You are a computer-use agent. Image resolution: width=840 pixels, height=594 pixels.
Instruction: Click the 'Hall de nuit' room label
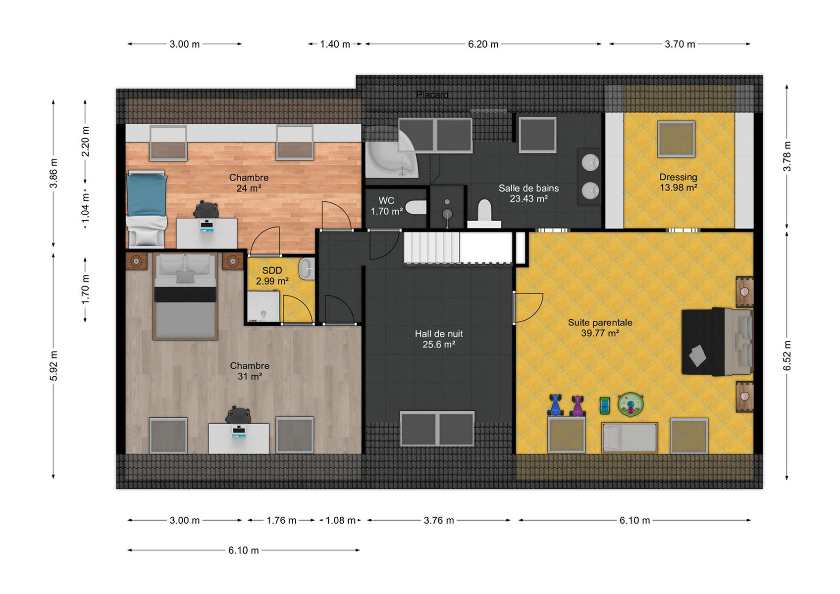point(439,334)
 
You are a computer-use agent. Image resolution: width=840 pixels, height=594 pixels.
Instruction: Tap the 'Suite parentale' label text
point(600,322)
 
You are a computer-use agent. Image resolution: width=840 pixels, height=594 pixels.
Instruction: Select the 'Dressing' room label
point(679,177)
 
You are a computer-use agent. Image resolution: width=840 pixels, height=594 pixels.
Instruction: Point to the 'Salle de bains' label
point(528,188)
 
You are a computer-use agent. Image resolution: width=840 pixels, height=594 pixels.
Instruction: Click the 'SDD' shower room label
point(272,270)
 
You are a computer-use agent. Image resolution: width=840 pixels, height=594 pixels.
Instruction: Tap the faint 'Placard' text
point(432,95)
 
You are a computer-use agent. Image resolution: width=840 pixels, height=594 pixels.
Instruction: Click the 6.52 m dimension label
point(787,355)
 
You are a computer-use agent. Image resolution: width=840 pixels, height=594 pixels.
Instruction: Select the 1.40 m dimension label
point(335,44)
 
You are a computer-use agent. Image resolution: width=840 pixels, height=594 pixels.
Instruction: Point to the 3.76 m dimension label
point(439,520)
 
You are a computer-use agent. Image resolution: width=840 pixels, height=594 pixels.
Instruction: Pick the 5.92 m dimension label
point(53,366)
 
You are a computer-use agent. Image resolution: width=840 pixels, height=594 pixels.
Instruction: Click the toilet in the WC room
point(416,207)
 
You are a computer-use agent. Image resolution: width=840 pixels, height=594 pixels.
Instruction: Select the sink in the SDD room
point(307,268)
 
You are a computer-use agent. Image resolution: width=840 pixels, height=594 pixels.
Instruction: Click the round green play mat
point(631,403)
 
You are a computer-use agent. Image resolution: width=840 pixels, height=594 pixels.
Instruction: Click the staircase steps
point(431,248)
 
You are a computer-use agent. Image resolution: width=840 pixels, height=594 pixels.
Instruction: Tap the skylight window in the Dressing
point(676,139)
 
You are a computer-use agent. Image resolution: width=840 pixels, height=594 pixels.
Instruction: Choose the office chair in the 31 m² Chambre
point(238,414)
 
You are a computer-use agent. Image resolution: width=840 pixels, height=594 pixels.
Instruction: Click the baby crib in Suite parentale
point(629,438)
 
